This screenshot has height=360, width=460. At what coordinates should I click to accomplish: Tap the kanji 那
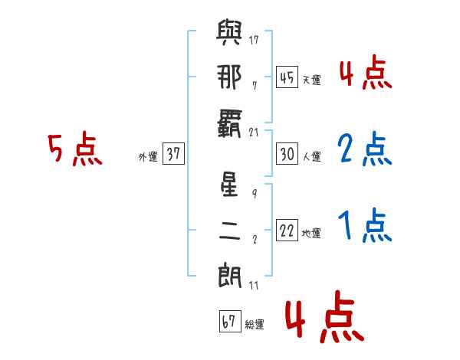click(x=230, y=77)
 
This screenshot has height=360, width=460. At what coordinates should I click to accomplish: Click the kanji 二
click(x=230, y=229)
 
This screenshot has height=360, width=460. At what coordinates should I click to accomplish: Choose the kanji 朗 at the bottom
click(x=230, y=273)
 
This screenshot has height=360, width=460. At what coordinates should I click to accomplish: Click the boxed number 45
click(x=286, y=77)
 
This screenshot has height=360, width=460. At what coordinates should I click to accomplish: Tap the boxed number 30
click(x=286, y=154)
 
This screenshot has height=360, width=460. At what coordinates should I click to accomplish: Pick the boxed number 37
click(x=173, y=154)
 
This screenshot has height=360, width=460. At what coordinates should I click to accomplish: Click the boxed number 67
click(x=228, y=322)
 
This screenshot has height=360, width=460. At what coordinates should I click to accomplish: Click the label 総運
click(x=255, y=325)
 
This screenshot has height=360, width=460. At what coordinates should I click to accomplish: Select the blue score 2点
click(x=364, y=149)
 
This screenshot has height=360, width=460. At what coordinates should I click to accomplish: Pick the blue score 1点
click(x=364, y=226)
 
